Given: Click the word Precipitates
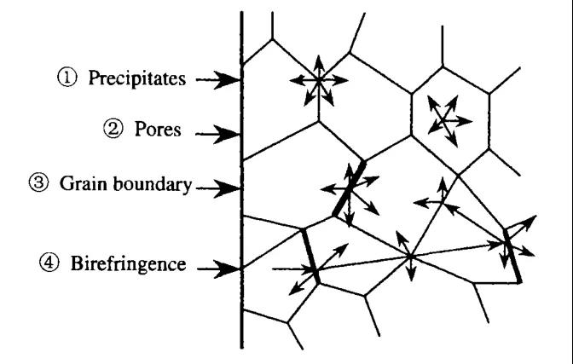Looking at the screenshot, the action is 137,78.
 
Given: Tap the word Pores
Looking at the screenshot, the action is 158,129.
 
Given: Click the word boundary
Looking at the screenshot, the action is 152,184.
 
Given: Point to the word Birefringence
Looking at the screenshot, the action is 128,263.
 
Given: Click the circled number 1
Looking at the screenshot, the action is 67,78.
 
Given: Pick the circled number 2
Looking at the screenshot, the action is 113,129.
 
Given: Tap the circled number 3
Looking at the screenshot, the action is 38,182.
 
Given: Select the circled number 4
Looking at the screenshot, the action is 49,263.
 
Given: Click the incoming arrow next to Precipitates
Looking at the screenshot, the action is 218,79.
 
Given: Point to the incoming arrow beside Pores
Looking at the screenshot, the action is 218,134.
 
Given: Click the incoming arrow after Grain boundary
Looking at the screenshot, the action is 218,188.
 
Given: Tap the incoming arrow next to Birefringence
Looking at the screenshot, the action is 219,269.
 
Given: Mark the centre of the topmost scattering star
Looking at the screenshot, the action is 319,80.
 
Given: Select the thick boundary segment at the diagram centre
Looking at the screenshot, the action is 349,188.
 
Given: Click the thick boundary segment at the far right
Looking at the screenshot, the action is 512,256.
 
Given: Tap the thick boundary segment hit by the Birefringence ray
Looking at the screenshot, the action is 310,256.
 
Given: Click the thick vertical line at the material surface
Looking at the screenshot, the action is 241,180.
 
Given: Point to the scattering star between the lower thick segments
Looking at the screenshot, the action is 411,257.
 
